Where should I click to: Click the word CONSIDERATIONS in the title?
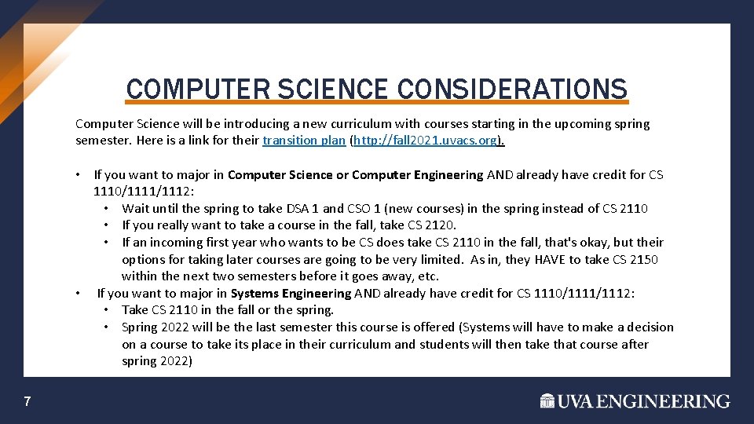pos(512,89)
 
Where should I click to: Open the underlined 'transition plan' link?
pos(302,141)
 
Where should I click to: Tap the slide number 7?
pos(27,402)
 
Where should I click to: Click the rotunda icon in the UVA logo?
pos(547,401)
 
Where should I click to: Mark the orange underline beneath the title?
pos(377,102)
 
